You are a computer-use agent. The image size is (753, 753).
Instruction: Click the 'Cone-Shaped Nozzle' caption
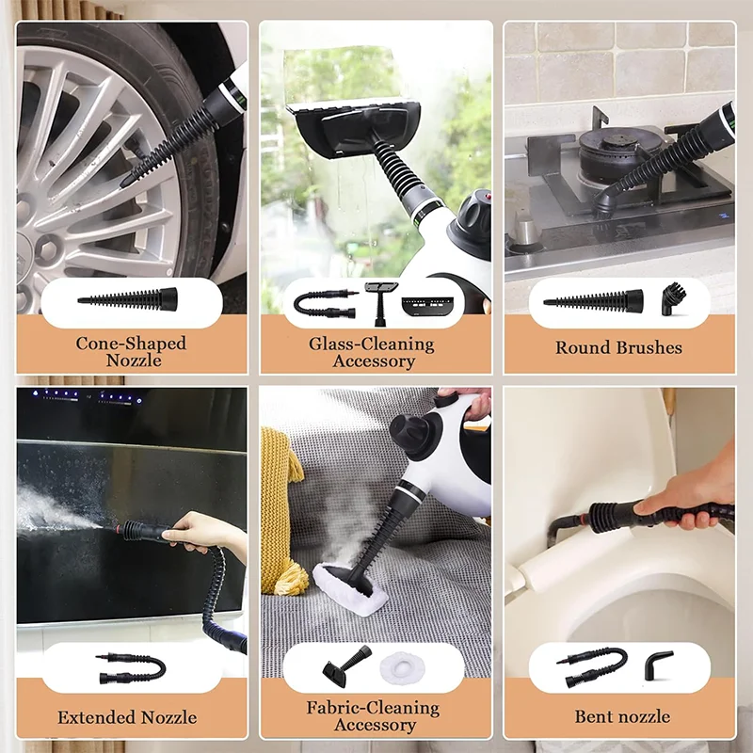(x=132, y=351)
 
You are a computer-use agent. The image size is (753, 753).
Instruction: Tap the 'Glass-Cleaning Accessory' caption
(x=373, y=352)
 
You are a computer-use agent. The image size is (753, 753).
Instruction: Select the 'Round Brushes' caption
(x=618, y=347)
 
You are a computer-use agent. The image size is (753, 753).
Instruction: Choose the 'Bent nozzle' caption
(x=622, y=716)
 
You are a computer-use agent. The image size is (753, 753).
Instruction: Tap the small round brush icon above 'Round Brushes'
(x=673, y=300)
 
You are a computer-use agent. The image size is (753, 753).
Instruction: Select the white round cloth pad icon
(x=404, y=670)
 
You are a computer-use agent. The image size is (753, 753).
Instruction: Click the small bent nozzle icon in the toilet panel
(x=656, y=666)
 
